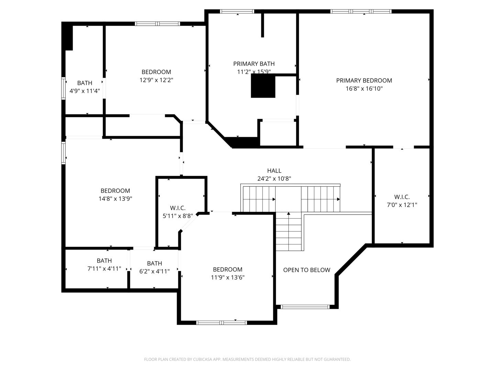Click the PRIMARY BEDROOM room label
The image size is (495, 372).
(364, 81)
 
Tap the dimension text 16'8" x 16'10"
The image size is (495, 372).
(364, 89)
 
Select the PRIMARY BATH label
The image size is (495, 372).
(254, 64)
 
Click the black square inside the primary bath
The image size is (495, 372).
(263, 86)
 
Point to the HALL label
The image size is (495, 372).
(274, 171)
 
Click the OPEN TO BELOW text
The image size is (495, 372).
(307, 270)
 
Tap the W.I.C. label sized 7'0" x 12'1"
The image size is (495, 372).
(402, 197)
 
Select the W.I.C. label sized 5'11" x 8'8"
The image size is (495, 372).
(178, 208)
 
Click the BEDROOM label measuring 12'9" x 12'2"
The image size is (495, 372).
(156, 72)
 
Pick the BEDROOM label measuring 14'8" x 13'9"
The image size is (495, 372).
(115, 191)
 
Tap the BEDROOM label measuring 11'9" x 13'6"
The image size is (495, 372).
(228, 270)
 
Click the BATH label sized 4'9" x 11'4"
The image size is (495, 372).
(85, 83)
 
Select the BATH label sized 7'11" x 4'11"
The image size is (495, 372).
(104, 261)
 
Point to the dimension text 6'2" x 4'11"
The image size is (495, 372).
(154, 271)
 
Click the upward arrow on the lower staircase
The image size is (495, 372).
(289, 214)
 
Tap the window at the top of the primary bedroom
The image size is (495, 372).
(361, 11)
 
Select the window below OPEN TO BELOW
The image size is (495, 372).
(305, 307)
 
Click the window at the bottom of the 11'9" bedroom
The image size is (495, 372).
(222, 323)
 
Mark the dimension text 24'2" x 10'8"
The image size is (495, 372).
(274, 179)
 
